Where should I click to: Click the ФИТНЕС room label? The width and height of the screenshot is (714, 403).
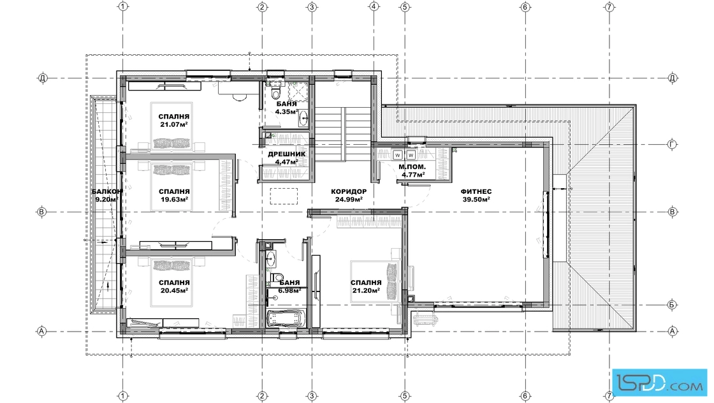tap(476, 192)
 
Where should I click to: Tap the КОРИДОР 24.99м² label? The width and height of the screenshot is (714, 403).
tap(349, 195)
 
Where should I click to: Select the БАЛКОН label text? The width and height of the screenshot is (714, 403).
tap(106, 192)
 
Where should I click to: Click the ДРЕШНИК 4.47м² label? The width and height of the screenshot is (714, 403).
tap(286, 158)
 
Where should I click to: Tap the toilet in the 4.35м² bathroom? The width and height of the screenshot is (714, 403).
tap(275, 93)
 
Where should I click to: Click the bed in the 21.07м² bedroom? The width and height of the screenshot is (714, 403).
tap(171, 127)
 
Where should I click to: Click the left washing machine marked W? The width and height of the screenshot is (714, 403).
tap(398, 156)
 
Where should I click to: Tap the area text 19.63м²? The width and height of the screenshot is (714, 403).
tap(173, 200)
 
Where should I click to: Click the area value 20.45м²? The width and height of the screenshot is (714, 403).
tap(174, 290)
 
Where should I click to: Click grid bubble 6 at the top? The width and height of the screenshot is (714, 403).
tap(525, 7)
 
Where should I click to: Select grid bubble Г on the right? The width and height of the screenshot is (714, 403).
tap(673, 144)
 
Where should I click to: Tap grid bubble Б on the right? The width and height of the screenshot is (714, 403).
tap(673, 305)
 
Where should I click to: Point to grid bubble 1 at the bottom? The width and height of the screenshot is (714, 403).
tap(122, 396)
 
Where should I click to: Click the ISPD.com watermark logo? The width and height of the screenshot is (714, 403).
tap(660, 381)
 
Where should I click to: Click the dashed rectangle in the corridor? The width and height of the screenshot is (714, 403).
tap(284, 197)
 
